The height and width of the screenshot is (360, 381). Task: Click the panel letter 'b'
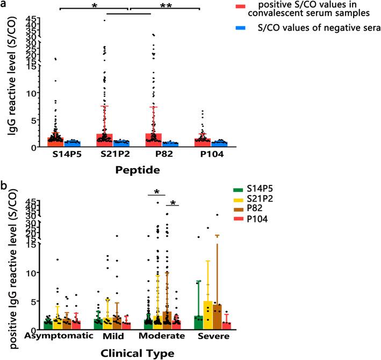pos(4,186)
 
